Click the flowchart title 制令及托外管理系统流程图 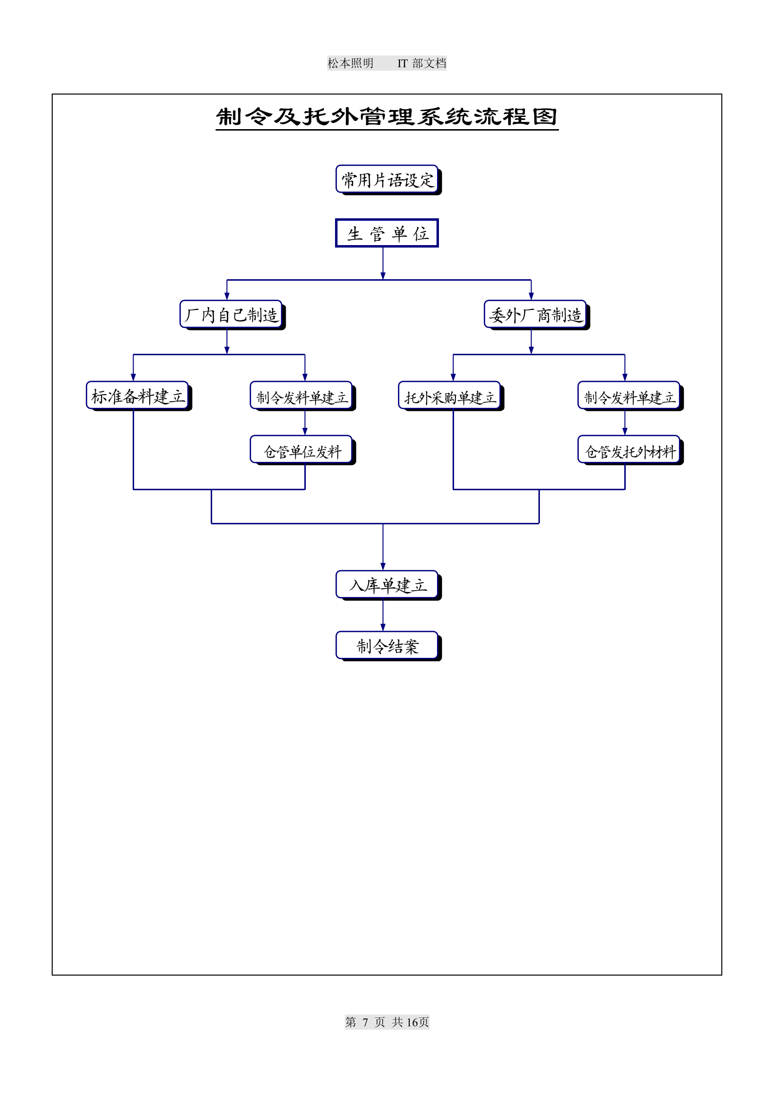pos(387,117)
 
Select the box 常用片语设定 pos(387,180)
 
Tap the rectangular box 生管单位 pos(387,233)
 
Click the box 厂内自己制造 pos(231,315)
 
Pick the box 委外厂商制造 pos(536,315)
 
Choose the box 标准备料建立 pos(138,396)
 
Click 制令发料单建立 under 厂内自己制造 pos(301,397)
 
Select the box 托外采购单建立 pos(450,397)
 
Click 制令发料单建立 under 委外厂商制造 pos(629,397)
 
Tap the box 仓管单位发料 pos(301,451)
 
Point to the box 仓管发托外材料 pos(629,451)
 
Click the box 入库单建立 pos(387,585)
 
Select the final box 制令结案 pos(387,646)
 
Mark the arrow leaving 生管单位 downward pos(383,264)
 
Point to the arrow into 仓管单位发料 pos(305,423)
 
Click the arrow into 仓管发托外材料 pos(625,423)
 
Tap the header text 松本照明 pos(350,63)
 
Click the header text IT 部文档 pos(422,63)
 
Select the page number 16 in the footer pos(412,1022)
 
